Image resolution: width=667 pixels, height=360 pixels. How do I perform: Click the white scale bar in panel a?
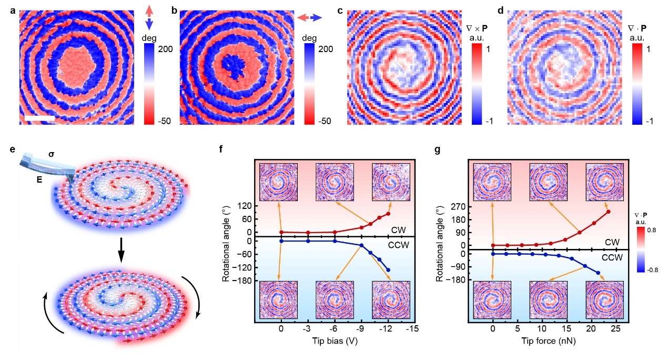pyautogui.click(x=39, y=118)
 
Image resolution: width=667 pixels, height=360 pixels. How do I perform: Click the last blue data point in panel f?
pyautogui.click(x=388, y=270)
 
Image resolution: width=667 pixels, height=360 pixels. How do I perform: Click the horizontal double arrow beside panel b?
pyautogui.click(x=309, y=17)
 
